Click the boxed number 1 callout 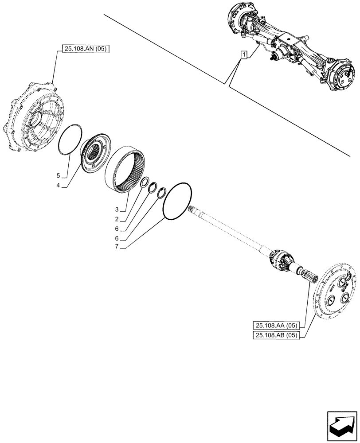pos(243,55)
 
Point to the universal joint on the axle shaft pos(279,259)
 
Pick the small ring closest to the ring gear pos(144,183)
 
